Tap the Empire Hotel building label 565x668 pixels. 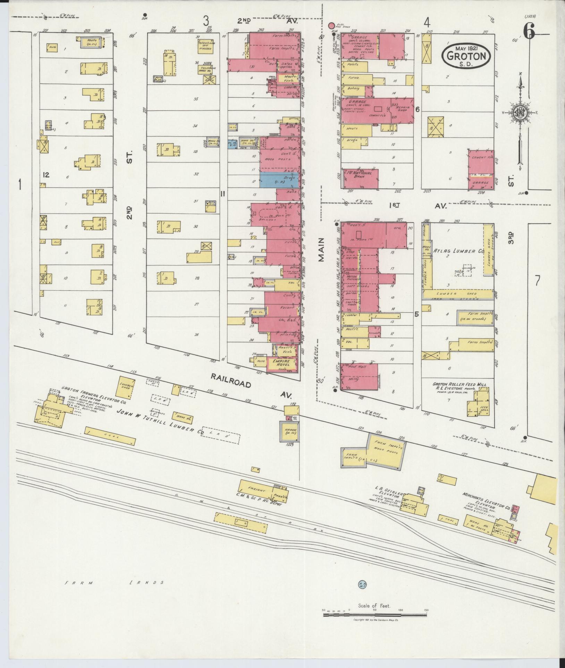click(281, 363)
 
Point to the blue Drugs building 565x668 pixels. click(279, 180)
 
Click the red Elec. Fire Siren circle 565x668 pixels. click(332, 25)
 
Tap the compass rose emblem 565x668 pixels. click(520, 113)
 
